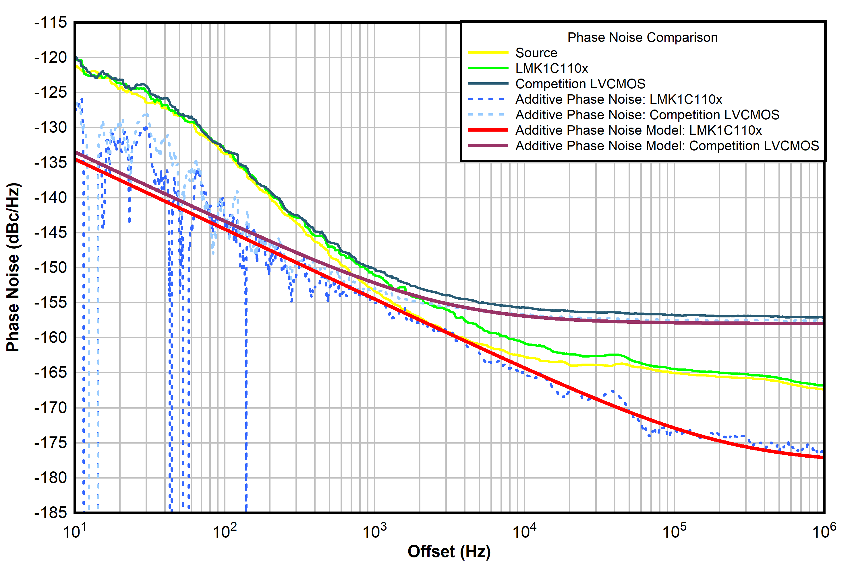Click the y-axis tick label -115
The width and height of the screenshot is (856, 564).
click(51, 23)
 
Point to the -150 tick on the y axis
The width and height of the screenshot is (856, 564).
click(51, 268)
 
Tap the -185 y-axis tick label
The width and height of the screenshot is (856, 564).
click(51, 513)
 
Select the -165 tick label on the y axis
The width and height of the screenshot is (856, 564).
click(51, 373)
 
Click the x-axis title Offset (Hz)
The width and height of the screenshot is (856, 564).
click(449, 551)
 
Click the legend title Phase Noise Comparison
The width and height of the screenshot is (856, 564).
click(642, 37)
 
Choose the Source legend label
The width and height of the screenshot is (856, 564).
click(536, 53)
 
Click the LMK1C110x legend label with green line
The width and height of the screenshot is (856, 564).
click(552, 68)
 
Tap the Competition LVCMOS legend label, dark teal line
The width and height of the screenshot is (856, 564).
click(580, 84)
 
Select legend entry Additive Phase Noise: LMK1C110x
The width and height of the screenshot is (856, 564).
click(619, 99)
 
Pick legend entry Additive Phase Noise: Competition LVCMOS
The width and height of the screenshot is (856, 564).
click(647, 115)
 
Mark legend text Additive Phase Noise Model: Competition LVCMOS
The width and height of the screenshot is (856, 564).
click(667, 146)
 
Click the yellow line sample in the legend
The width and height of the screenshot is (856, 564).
click(488, 53)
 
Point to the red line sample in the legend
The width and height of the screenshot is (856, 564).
click(488, 130)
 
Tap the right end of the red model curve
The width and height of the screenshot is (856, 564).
click(822, 457)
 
